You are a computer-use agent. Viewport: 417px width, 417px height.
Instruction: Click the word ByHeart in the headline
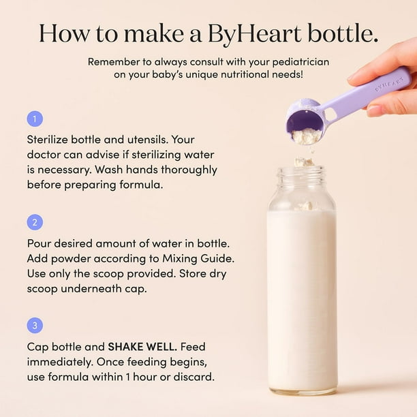pyautogui.click(x=255, y=34)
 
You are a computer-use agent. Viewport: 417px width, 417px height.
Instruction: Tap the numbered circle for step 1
pyautogui.click(x=35, y=119)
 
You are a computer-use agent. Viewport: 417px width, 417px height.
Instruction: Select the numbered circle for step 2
pyautogui.click(x=35, y=222)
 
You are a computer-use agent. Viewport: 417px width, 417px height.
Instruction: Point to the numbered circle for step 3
pyautogui.click(x=35, y=325)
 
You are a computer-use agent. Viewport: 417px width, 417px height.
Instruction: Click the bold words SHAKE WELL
pyautogui.click(x=142, y=347)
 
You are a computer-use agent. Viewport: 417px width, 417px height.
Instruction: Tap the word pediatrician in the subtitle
pyautogui.click(x=300, y=62)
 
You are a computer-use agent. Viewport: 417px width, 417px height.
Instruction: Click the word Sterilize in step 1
pyautogui.click(x=48, y=140)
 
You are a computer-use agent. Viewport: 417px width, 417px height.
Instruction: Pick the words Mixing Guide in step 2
pyautogui.click(x=198, y=259)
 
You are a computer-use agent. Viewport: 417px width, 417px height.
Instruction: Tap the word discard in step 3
pyautogui.click(x=194, y=377)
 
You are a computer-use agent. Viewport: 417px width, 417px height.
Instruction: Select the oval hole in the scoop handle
pyautogui.click(x=330, y=114)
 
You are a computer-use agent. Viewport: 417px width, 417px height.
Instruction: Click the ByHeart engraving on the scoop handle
pyautogui.click(x=389, y=84)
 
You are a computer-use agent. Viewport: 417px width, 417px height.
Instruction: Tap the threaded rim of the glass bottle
pyautogui.click(x=302, y=174)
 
